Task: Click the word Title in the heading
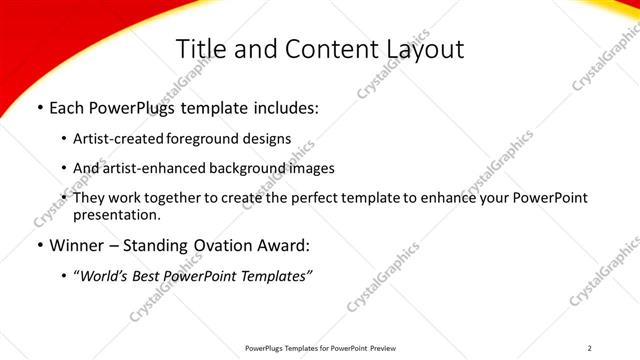(x=199, y=49)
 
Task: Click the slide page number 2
(x=589, y=347)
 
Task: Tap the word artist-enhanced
(x=153, y=168)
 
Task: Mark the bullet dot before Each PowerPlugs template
(x=38, y=107)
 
